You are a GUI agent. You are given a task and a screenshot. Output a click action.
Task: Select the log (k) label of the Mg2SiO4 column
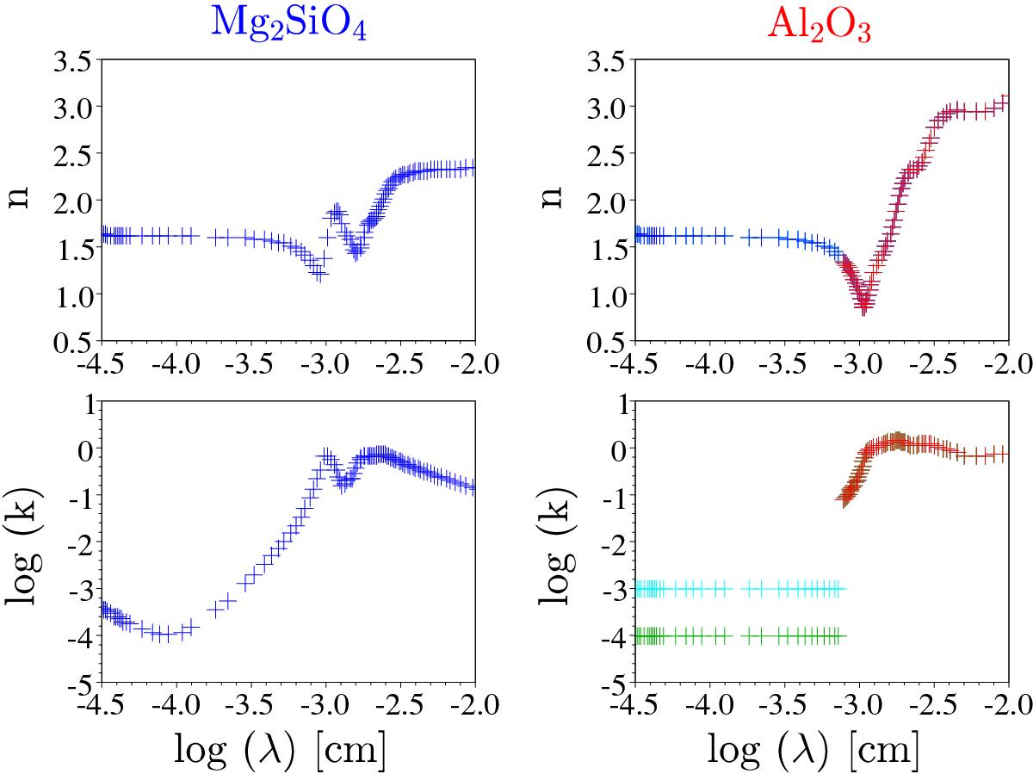[x=26, y=543]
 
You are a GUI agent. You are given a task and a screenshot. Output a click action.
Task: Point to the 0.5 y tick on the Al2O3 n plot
[x=606, y=342]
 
